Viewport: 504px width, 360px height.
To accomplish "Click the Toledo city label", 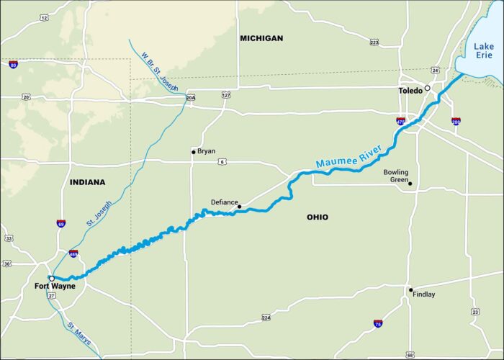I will point(410,91).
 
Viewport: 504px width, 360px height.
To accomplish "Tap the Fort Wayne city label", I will point(54,286).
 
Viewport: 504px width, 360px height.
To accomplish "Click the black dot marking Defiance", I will point(240,207).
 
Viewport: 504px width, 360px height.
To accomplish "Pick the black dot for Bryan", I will point(193,151).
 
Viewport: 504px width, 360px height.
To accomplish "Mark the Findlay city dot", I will point(411,290).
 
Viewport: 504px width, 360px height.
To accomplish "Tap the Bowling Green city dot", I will point(410,183).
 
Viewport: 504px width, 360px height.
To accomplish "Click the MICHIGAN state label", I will point(261,38).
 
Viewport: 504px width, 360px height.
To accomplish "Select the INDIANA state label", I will point(88,182).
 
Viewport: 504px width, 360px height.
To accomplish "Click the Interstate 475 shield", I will point(400,121).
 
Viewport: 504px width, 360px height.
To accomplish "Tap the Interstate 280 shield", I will point(456,121).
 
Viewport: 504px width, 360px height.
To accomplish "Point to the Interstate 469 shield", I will point(73,254).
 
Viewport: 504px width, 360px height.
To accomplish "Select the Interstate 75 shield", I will point(377,324).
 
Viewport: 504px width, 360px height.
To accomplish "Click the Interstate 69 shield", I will point(61,223).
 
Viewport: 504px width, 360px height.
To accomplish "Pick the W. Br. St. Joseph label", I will point(159,71).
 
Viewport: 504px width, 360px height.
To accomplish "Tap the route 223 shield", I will point(374,43).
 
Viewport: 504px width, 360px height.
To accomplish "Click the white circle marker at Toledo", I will point(427,88).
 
